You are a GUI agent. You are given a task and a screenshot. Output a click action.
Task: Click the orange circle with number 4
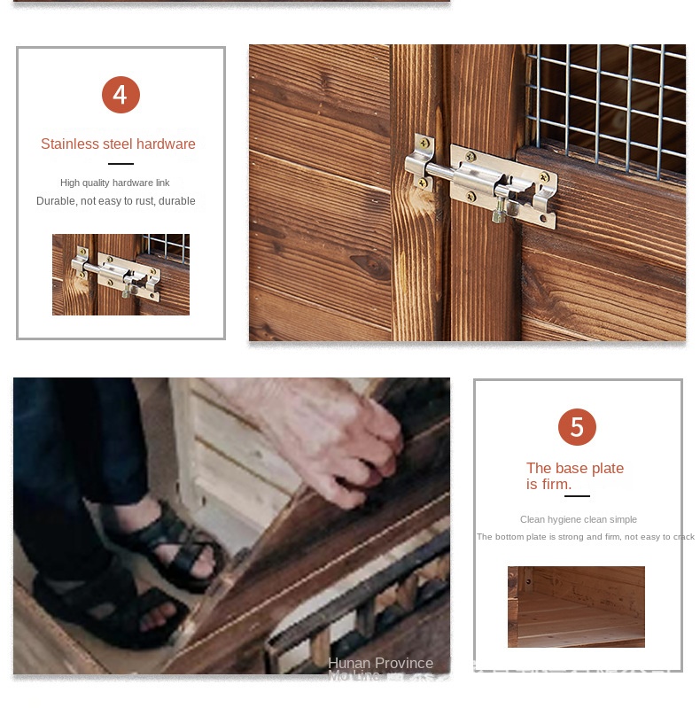pyautogui.click(x=121, y=95)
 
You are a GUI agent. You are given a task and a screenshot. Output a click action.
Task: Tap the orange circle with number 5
pyautogui.click(x=577, y=427)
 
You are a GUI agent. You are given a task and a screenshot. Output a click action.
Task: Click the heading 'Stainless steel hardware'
pyautogui.click(x=118, y=144)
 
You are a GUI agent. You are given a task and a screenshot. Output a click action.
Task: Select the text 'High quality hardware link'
pyautogui.click(x=115, y=183)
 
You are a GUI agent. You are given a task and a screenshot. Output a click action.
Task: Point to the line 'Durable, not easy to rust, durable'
pyautogui.click(x=116, y=201)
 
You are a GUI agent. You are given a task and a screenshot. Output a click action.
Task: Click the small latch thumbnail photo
pyautogui.click(x=121, y=275)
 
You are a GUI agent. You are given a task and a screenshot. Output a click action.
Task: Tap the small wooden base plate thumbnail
pyautogui.click(x=576, y=607)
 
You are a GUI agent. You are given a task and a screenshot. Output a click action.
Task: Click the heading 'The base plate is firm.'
pyautogui.click(x=575, y=476)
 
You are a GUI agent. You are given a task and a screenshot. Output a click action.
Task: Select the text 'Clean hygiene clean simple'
pyautogui.click(x=579, y=519)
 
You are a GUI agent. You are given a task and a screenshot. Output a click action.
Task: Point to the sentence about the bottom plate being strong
pyautogui.click(x=586, y=537)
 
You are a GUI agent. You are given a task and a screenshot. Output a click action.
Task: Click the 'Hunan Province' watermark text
pyautogui.click(x=380, y=663)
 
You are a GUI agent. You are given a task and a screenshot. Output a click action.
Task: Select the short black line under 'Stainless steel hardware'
pyautogui.click(x=121, y=164)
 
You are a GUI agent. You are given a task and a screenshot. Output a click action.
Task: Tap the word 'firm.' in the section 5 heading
pyautogui.click(x=556, y=484)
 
